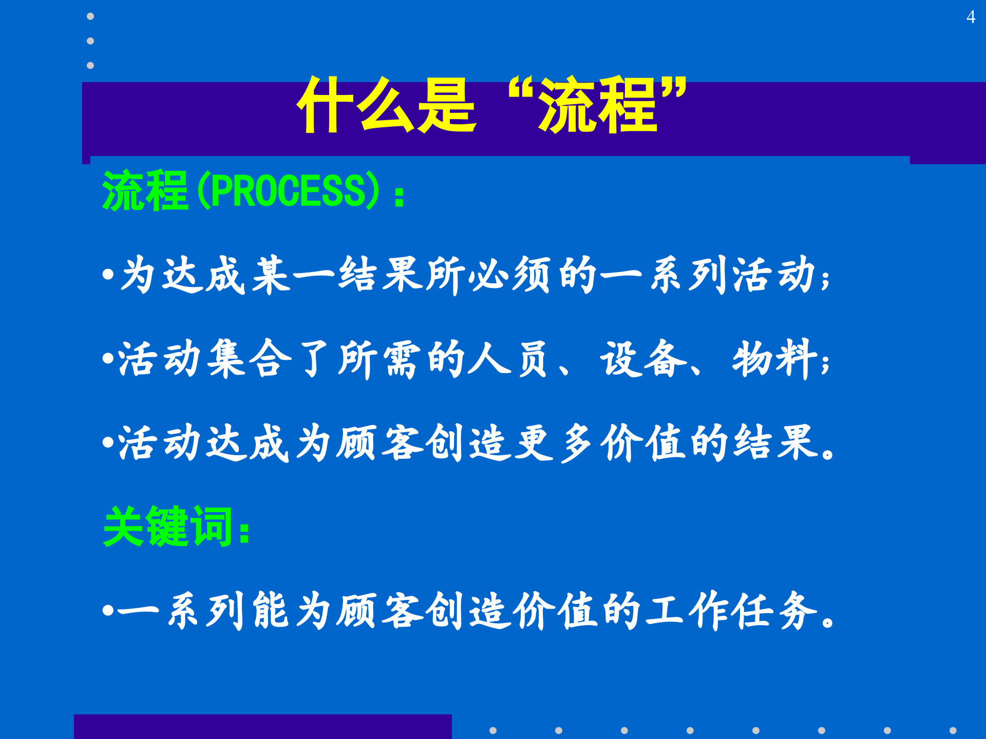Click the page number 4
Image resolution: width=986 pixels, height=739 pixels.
[970, 17]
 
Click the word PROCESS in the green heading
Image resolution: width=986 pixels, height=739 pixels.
[288, 191]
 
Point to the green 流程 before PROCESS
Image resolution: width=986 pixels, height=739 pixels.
[145, 191]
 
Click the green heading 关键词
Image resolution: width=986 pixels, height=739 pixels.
[169, 527]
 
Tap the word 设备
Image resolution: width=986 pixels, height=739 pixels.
[643, 359]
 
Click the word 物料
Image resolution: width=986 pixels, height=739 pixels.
[775, 359]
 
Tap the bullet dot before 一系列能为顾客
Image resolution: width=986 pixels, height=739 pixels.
[108, 610]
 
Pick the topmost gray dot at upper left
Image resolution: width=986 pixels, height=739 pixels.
[90, 16]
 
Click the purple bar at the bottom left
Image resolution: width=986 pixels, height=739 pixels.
[262, 726]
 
